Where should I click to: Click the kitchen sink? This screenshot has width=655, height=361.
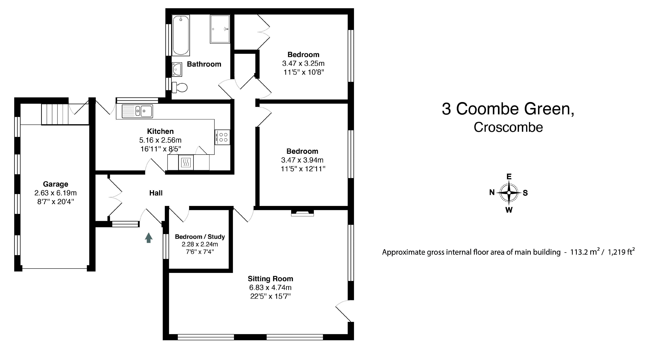pos(137,111)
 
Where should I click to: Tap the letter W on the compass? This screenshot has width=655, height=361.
pos(509,210)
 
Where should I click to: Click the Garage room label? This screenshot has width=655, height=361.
pos(55,184)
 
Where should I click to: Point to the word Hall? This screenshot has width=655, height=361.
pos(156,193)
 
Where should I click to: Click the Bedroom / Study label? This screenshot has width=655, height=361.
pos(200,237)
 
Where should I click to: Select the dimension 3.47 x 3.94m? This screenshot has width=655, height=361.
pos(302,160)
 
